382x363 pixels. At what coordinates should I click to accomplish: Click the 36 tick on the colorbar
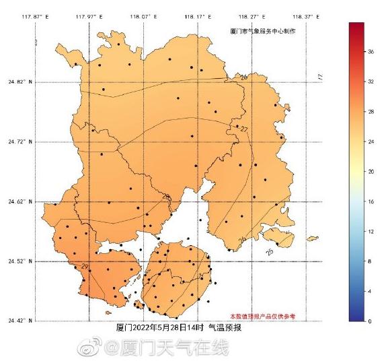[x=371, y=52]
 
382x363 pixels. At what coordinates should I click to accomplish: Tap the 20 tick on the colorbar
[x=371, y=172]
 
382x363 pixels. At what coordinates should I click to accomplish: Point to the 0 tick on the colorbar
[x=369, y=321]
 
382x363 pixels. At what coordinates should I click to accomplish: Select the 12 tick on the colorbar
[x=371, y=232]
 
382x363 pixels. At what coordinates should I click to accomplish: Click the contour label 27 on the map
[x=243, y=129]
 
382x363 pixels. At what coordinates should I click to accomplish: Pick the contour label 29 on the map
[x=85, y=267]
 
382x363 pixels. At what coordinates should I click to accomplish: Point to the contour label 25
[x=269, y=251]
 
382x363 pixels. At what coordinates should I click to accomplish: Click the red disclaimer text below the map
[x=262, y=315]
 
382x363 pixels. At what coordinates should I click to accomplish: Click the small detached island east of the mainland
[x=311, y=238]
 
